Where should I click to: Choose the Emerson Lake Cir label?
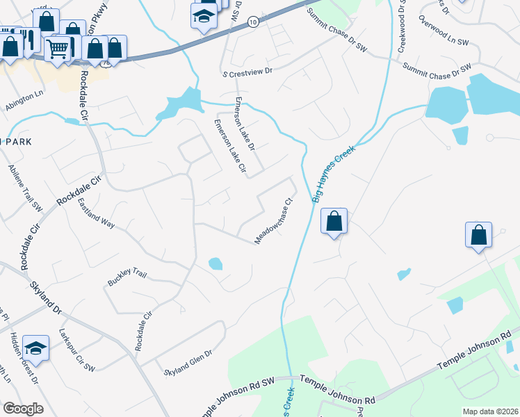click(230, 146)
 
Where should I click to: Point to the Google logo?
click(24, 409)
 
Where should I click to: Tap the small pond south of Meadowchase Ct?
click(216, 263)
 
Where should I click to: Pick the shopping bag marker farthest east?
click(479, 235)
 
